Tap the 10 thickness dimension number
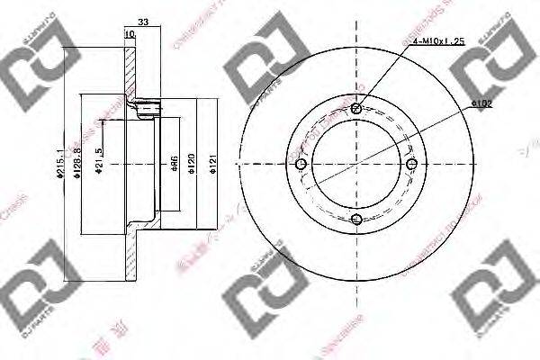click(130, 34)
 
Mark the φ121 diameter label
click(213, 164)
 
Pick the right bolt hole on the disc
click(412, 164)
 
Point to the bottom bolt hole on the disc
click(356, 220)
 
